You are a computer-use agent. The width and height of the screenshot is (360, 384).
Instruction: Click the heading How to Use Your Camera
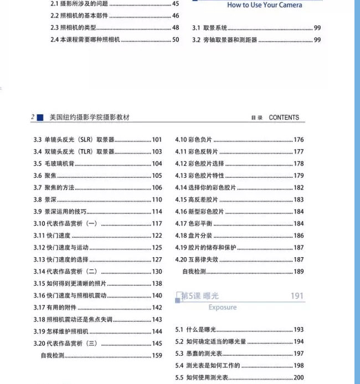[x=265, y=5]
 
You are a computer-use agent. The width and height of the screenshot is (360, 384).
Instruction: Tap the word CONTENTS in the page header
[x=284, y=117]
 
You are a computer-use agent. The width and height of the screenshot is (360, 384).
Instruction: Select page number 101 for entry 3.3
[x=157, y=140]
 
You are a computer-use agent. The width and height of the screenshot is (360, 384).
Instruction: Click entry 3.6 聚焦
[x=46, y=176]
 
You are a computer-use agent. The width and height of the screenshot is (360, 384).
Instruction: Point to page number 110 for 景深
[x=157, y=199]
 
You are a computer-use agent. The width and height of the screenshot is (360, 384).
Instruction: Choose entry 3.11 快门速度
[x=51, y=235]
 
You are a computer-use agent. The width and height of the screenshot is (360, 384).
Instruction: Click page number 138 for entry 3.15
[x=157, y=284]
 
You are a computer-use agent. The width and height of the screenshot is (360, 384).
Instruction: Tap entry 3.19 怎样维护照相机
[x=61, y=331]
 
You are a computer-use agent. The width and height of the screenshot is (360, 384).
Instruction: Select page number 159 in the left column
[x=157, y=356]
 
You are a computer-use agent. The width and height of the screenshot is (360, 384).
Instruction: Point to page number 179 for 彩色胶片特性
[x=299, y=176]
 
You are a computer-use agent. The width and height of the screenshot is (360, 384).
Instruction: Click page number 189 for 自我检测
[x=299, y=272]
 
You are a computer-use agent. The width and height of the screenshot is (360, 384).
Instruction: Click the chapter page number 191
[x=297, y=296]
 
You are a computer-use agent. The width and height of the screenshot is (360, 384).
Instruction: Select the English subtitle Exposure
[x=222, y=308]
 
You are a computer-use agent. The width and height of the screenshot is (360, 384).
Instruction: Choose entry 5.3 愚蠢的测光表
[x=200, y=354]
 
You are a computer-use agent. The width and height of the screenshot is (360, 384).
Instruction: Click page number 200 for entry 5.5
[x=299, y=378]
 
